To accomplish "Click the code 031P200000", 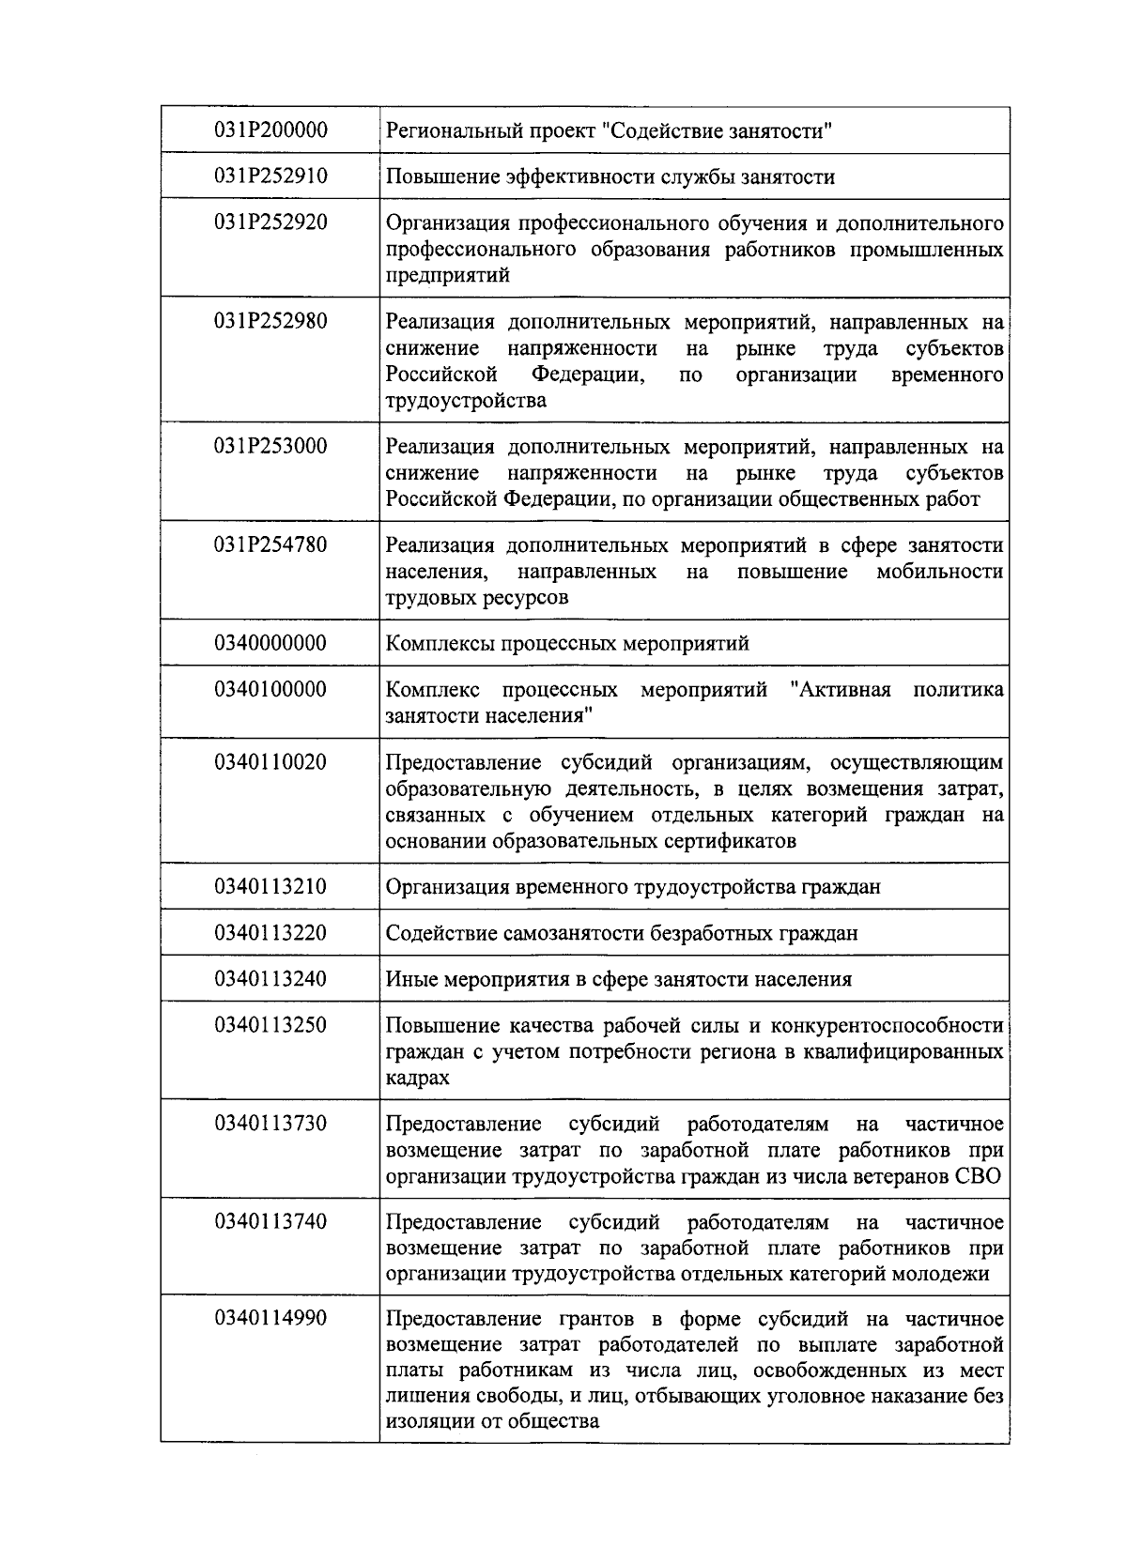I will click(x=270, y=130).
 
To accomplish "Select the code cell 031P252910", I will click(x=270, y=176).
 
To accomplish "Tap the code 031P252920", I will click(x=270, y=222).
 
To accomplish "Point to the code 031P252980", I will click(x=270, y=321).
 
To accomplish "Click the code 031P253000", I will click(x=270, y=446).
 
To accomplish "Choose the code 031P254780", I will click(x=270, y=544).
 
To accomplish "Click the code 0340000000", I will click(x=270, y=643).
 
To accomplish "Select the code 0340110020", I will click(x=270, y=762).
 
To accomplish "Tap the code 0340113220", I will click(x=270, y=933).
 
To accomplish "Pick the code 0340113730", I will click(x=270, y=1124).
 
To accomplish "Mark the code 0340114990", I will click(x=270, y=1318).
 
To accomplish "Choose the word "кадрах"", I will click(x=417, y=1078).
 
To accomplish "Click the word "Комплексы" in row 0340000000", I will click(x=435, y=644).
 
